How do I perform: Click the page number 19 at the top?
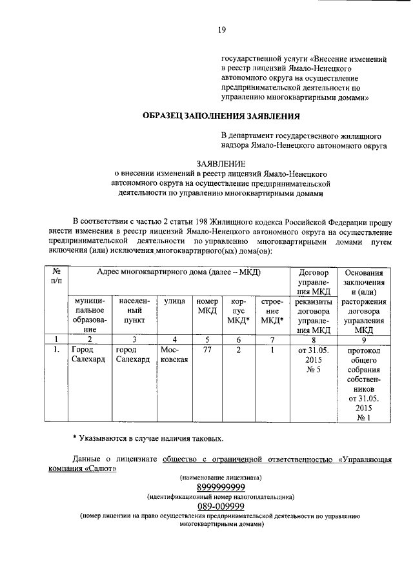coord(221,29)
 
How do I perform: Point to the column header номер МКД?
coord(206,306)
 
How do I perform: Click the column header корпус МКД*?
coord(238,310)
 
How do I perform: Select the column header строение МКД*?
coord(272,310)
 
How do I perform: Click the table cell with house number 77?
coord(206,350)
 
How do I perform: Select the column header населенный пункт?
coord(132,310)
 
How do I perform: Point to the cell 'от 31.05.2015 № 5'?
coord(314,359)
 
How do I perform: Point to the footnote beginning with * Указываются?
coord(148,439)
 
